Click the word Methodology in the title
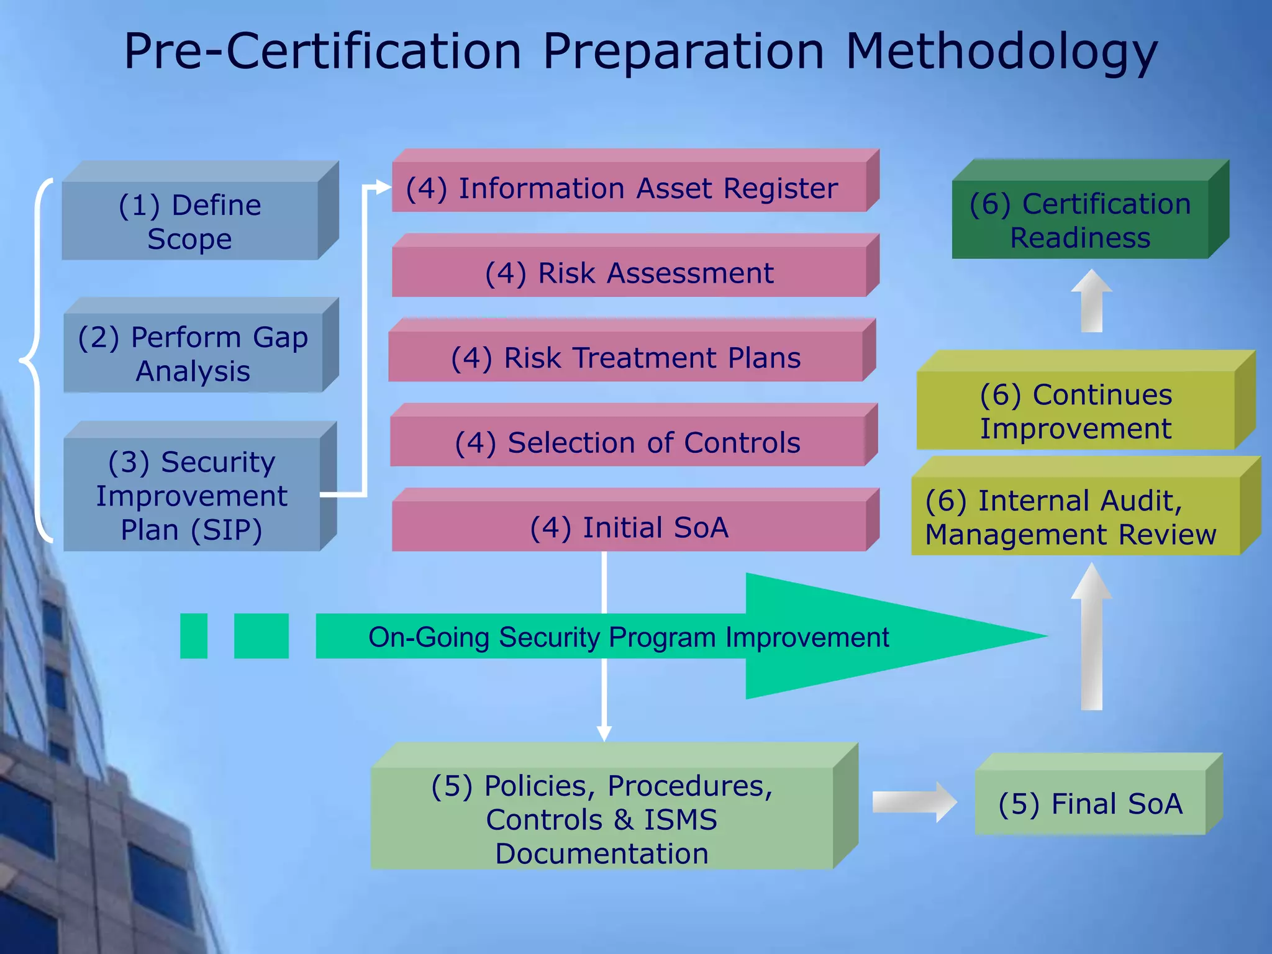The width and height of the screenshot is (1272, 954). point(1001,52)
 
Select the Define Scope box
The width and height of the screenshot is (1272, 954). point(190,221)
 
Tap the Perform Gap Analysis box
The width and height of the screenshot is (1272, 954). point(193,353)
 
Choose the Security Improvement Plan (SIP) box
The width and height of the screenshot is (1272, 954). point(191,495)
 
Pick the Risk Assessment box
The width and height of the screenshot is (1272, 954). point(629,272)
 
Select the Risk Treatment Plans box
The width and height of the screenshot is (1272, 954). point(625,357)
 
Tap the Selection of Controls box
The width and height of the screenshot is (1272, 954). point(627,442)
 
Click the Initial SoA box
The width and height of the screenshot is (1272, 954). point(629,527)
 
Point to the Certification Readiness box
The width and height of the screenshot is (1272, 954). point(1080,220)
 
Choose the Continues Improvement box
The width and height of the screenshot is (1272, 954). point(1076,411)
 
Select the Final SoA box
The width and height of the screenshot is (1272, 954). point(1090,803)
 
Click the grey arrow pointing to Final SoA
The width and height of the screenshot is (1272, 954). point(914,802)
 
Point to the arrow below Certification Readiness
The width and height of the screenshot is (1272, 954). point(1091,301)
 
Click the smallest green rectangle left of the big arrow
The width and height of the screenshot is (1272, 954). point(193,636)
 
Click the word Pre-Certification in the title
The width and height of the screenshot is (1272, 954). point(322,52)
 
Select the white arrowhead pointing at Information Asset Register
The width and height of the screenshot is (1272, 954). point(383,187)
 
